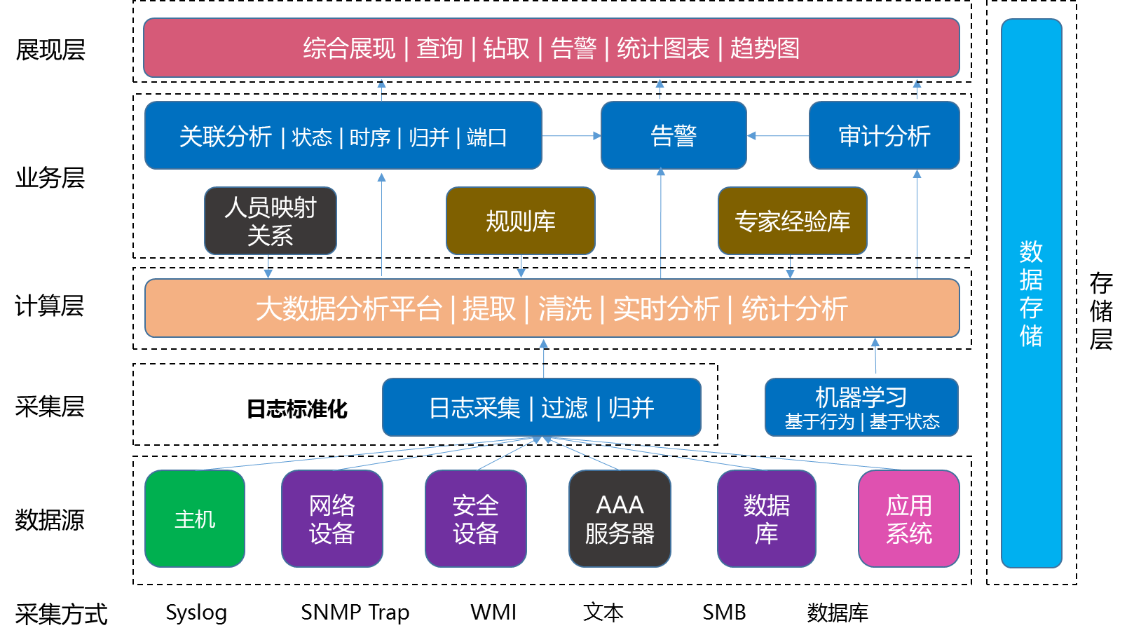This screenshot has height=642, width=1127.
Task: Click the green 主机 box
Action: pyautogui.click(x=194, y=519)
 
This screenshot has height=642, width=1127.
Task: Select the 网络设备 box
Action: pyautogui.click(x=332, y=519)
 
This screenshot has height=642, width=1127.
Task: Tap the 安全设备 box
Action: pyautogui.click(x=475, y=519)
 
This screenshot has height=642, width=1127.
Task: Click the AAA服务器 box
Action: pyautogui.click(x=620, y=519)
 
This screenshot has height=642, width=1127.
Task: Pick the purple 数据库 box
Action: pyautogui.click(x=766, y=519)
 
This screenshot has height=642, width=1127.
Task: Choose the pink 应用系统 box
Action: pyautogui.click(x=908, y=519)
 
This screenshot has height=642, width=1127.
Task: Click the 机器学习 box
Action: pyautogui.click(x=861, y=407)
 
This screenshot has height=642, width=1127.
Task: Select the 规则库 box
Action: pyautogui.click(x=520, y=221)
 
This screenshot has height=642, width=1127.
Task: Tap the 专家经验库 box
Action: pyautogui.click(x=792, y=221)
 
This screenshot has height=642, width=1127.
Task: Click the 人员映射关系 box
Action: pyautogui.click(x=270, y=221)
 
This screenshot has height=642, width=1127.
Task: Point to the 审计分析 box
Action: pyautogui.click(x=884, y=135)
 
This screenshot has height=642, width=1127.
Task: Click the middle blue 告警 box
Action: pyautogui.click(x=673, y=135)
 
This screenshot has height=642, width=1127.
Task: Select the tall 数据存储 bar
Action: pyautogui.click(x=1031, y=293)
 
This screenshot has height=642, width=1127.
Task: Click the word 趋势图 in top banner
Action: pyautogui.click(x=765, y=48)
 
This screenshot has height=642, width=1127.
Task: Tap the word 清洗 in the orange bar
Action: pyautogui.click(x=564, y=309)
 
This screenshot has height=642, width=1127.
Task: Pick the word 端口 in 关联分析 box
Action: pyautogui.click(x=486, y=137)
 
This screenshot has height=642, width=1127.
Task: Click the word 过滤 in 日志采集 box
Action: pyautogui.click(x=564, y=408)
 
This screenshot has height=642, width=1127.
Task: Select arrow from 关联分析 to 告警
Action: pyautogui.click(x=571, y=136)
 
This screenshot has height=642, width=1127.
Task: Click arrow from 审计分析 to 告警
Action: pyautogui.click(x=778, y=136)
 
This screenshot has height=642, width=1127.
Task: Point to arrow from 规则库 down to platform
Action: pyautogui.click(x=521, y=267)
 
